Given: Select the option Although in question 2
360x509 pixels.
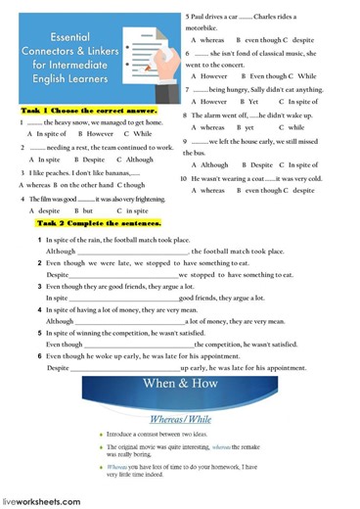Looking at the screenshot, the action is pyautogui.click(x=140, y=159).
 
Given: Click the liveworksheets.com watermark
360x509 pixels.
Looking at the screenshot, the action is pyautogui.click(x=41, y=501).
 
